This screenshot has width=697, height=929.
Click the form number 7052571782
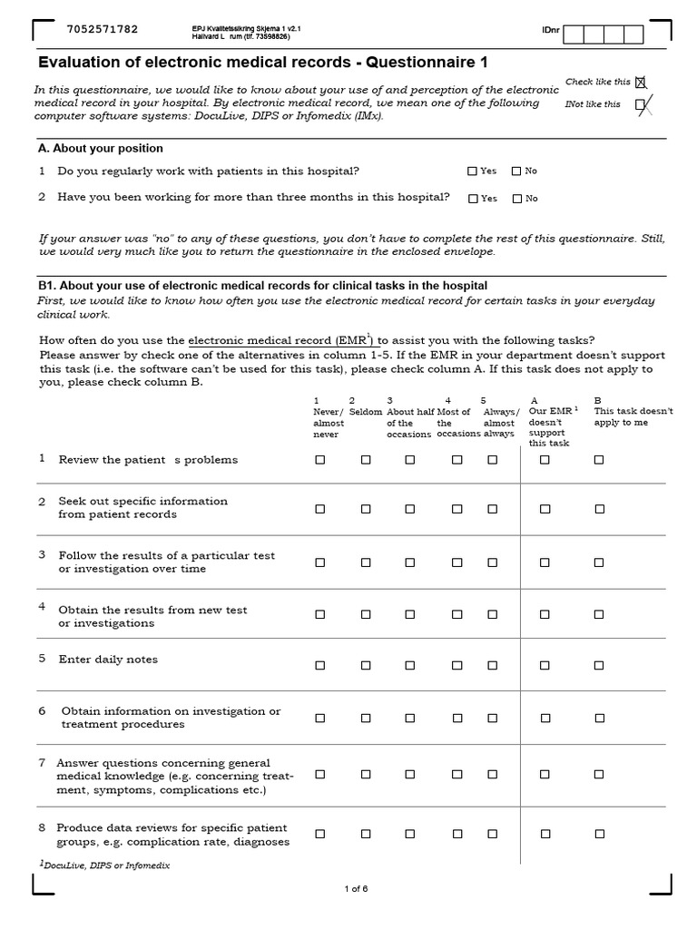tap(103, 29)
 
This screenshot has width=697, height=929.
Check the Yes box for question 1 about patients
tap(472, 171)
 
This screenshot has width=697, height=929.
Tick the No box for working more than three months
tap(517, 199)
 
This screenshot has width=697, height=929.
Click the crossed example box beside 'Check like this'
tap(641, 83)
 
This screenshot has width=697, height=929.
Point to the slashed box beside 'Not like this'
tap(641, 105)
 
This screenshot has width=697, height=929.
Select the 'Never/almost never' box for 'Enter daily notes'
tap(319, 665)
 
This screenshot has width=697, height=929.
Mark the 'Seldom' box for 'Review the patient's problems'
tap(366, 460)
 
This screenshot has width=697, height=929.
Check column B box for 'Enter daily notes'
tap(599, 665)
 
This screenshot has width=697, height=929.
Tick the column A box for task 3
tap(545, 562)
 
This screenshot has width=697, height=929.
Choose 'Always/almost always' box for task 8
tap(492, 834)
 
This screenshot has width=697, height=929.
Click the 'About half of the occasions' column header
tap(409, 417)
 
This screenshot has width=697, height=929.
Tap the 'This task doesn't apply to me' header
tap(633, 416)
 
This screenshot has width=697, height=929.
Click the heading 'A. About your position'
tap(101, 148)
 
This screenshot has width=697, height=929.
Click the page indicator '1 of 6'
tap(356, 888)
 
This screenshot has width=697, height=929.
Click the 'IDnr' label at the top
tap(550, 31)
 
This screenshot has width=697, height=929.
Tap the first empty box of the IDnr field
tap(574, 34)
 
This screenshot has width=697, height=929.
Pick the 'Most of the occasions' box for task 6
tap(456, 718)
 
